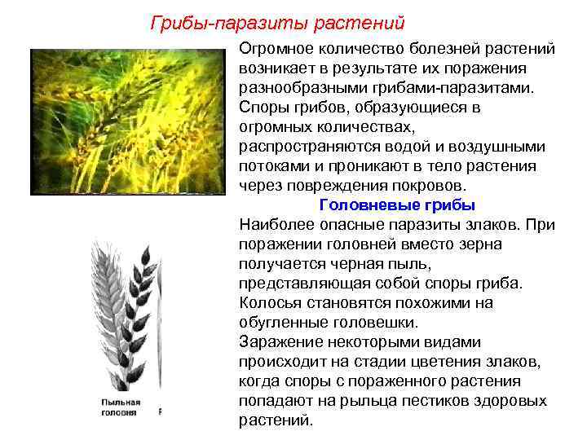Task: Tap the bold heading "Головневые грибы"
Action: click(x=397, y=205)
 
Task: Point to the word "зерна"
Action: click(x=480, y=244)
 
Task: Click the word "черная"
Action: click(x=351, y=263)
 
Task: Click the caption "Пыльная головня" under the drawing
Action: click(x=121, y=407)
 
